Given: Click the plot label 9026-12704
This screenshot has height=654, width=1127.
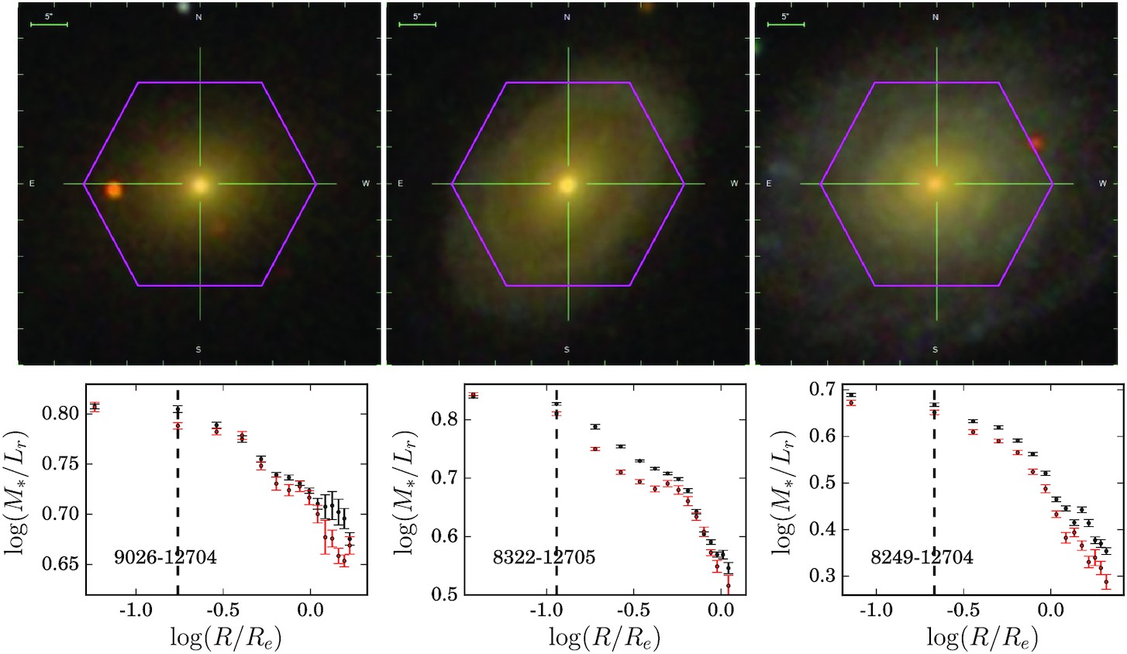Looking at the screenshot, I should (x=165, y=557).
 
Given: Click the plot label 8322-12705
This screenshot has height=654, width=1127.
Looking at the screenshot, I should (x=544, y=557).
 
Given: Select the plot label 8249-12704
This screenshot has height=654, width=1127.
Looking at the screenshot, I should (x=922, y=557).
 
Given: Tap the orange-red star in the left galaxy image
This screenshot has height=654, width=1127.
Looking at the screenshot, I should (x=114, y=190).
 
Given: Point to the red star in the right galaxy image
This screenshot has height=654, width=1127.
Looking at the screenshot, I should (x=1036, y=143).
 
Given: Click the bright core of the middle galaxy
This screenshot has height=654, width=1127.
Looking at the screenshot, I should (x=567, y=185).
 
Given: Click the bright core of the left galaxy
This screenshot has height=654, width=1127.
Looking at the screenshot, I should (x=200, y=185).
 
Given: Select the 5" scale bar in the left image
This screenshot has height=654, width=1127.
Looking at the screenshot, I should (x=49, y=25).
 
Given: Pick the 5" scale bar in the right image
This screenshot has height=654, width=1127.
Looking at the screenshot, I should (x=786, y=25).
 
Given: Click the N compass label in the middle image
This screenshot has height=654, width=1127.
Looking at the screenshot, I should (x=567, y=17).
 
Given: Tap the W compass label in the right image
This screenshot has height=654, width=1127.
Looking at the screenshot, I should (x=1102, y=184).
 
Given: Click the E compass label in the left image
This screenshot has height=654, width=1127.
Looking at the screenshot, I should (x=32, y=184).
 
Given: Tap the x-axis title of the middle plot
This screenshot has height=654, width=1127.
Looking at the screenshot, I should (x=604, y=639).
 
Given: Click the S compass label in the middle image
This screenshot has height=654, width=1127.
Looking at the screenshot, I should (x=567, y=349).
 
